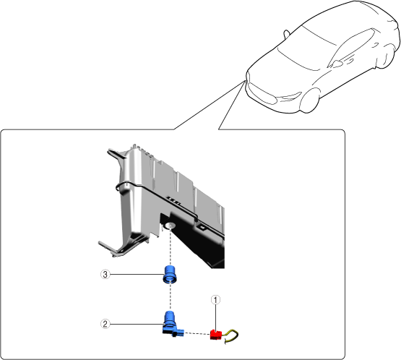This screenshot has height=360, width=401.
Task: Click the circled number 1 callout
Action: pyautogui.click(x=215, y=299)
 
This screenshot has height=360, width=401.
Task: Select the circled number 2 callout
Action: pyautogui.click(x=105, y=324)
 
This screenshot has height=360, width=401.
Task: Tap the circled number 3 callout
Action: pyautogui.click(x=105, y=275)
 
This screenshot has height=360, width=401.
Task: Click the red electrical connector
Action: pyautogui.click(x=216, y=335)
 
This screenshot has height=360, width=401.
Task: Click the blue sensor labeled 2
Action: pyautogui.click(x=171, y=325)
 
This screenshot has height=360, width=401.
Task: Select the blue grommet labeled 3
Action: pyautogui.click(x=170, y=274)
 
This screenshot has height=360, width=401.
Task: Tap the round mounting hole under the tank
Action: pyautogui.click(x=170, y=226)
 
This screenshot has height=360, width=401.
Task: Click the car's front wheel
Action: pyautogui.click(x=310, y=101)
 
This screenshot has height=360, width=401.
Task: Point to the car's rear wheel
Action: pyautogui.click(x=388, y=56)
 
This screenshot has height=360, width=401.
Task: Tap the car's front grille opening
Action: pyautogui.click(x=262, y=93)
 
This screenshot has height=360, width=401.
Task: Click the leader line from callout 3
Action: pyautogui.click(x=137, y=275)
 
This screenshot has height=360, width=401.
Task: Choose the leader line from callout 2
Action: pyautogui.click(x=137, y=324)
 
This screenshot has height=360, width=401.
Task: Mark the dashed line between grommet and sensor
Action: pyautogui.click(x=170, y=297)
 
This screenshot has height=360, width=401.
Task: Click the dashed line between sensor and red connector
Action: pyautogui.click(x=197, y=333)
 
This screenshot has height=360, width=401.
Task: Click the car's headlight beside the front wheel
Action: pyautogui.click(x=290, y=97)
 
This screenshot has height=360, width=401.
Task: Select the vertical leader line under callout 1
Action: pyautogui.click(x=215, y=317)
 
